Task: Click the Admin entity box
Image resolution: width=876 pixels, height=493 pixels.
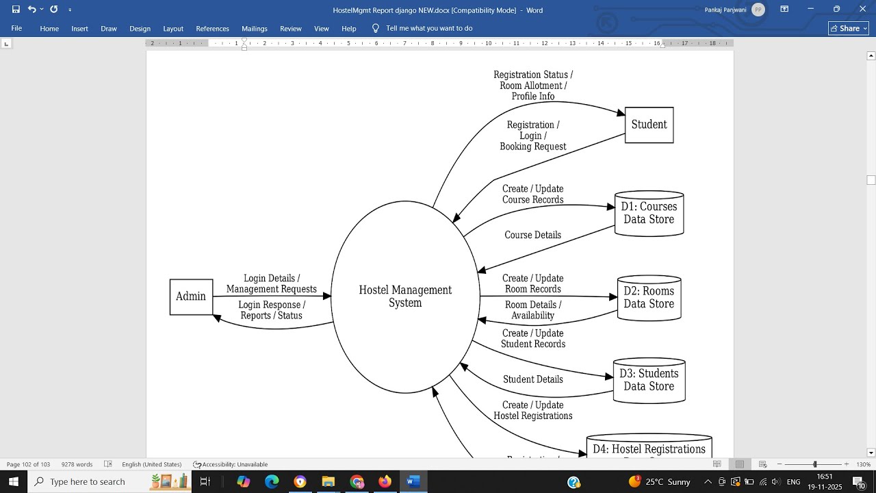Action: (x=191, y=297)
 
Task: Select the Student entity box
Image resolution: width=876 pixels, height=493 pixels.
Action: (x=649, y=125)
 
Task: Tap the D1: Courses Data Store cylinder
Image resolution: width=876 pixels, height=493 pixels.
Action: (x=649, y=214)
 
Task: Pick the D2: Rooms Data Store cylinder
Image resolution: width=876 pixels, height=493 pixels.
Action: (x=649, y=298)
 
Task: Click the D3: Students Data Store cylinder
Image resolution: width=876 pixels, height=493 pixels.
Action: (x=649, y=381)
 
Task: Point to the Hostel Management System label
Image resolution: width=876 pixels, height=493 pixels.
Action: (x=405, y=296)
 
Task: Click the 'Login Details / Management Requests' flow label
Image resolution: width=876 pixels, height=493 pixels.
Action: (x=272, y=284)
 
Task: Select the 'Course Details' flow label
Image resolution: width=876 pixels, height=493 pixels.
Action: (x=532, y=236)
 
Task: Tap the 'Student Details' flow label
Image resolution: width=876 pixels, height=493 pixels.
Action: (x=532, y=380)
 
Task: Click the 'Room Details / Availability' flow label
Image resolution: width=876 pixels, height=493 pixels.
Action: (x=532, y=310)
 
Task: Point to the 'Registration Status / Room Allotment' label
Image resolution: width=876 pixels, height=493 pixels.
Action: (x=533, y=86)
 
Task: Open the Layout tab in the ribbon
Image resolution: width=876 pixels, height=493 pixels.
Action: (x=173, y=29)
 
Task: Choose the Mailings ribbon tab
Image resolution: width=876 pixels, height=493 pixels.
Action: (x=255, y=29)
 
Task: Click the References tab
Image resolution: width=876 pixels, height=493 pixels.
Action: (x=212, y=29)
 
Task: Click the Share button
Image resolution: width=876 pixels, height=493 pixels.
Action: (x=848, y=28)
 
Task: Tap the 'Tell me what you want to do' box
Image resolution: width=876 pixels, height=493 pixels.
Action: (x=429, y=28)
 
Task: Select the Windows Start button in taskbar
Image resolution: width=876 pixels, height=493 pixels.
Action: (x=14, y=482)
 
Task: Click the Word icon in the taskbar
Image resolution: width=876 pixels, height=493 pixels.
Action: (x=413, y=482)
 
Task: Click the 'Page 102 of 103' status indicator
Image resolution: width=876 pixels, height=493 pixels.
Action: (x=29, y=464)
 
